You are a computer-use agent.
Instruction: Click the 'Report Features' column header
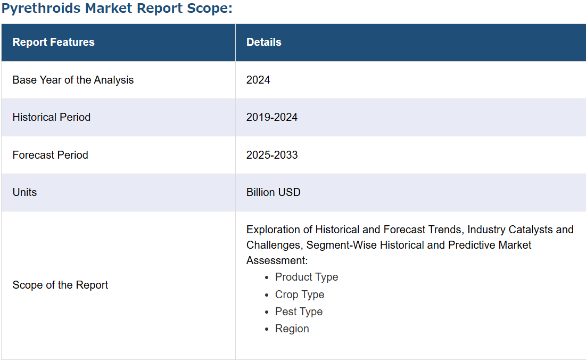[x=53, y=42]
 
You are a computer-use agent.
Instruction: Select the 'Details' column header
[x=264, y=42]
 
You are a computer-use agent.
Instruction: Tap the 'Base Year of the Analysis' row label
[x=73, y=80]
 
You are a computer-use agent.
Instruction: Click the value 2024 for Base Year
[x=258, y=80]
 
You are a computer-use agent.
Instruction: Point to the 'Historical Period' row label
[x=52, y=117]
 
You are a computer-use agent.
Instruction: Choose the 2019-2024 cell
[x=271, y=117]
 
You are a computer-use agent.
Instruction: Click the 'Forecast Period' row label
[x=51, y=155]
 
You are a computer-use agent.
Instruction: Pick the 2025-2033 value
[x=272, y=155]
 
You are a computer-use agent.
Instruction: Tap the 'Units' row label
[x=24, y=192]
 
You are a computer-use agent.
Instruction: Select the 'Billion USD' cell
[x=273, y=192]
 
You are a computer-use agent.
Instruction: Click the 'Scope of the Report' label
[x=60, y=285]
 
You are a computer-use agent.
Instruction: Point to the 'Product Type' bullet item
[x=307, y=277]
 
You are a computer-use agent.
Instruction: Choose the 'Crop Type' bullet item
[x=300, y=294]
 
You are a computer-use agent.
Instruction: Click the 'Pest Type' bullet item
[x=299, y=312]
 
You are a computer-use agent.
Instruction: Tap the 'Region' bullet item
[x=292, y=329]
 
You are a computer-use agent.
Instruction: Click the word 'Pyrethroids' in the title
[x=41, y=8]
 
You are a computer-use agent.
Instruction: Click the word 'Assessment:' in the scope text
[x=277, y=260]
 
